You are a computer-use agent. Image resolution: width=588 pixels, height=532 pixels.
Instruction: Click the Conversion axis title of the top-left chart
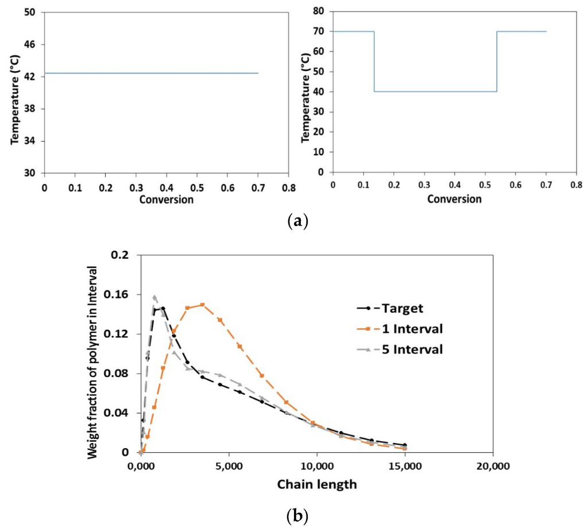(x=166, y=200)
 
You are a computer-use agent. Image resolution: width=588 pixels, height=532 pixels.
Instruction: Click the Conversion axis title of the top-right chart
(x=454, y=199)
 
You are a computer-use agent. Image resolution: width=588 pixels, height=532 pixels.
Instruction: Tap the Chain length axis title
(x=316, y=484)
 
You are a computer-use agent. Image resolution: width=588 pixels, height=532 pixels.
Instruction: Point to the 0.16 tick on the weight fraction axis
(x=124, y=294)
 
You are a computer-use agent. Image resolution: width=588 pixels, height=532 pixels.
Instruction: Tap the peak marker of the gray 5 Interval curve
(x=154, y=297)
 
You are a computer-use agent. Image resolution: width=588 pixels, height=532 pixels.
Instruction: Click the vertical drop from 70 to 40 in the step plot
(x=374, y=61)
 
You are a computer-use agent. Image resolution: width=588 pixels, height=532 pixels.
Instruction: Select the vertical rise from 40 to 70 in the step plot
(x=497, y=61)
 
